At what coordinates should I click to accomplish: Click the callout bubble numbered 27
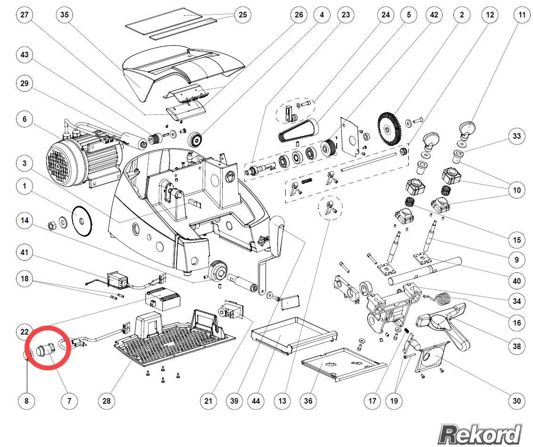(24, 15)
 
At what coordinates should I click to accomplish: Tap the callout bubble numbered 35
(65, 15)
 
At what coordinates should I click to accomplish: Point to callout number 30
(517, 401)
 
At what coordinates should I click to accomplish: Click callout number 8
(26, 401)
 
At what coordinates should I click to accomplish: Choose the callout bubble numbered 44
(256, 401)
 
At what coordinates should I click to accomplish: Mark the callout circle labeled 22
(24, 331)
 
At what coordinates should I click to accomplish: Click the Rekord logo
(480, 433)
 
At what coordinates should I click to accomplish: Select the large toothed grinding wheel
(390, 127)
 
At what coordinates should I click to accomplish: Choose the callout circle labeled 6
(24, 119)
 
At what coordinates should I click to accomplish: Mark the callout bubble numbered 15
(517, 240)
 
